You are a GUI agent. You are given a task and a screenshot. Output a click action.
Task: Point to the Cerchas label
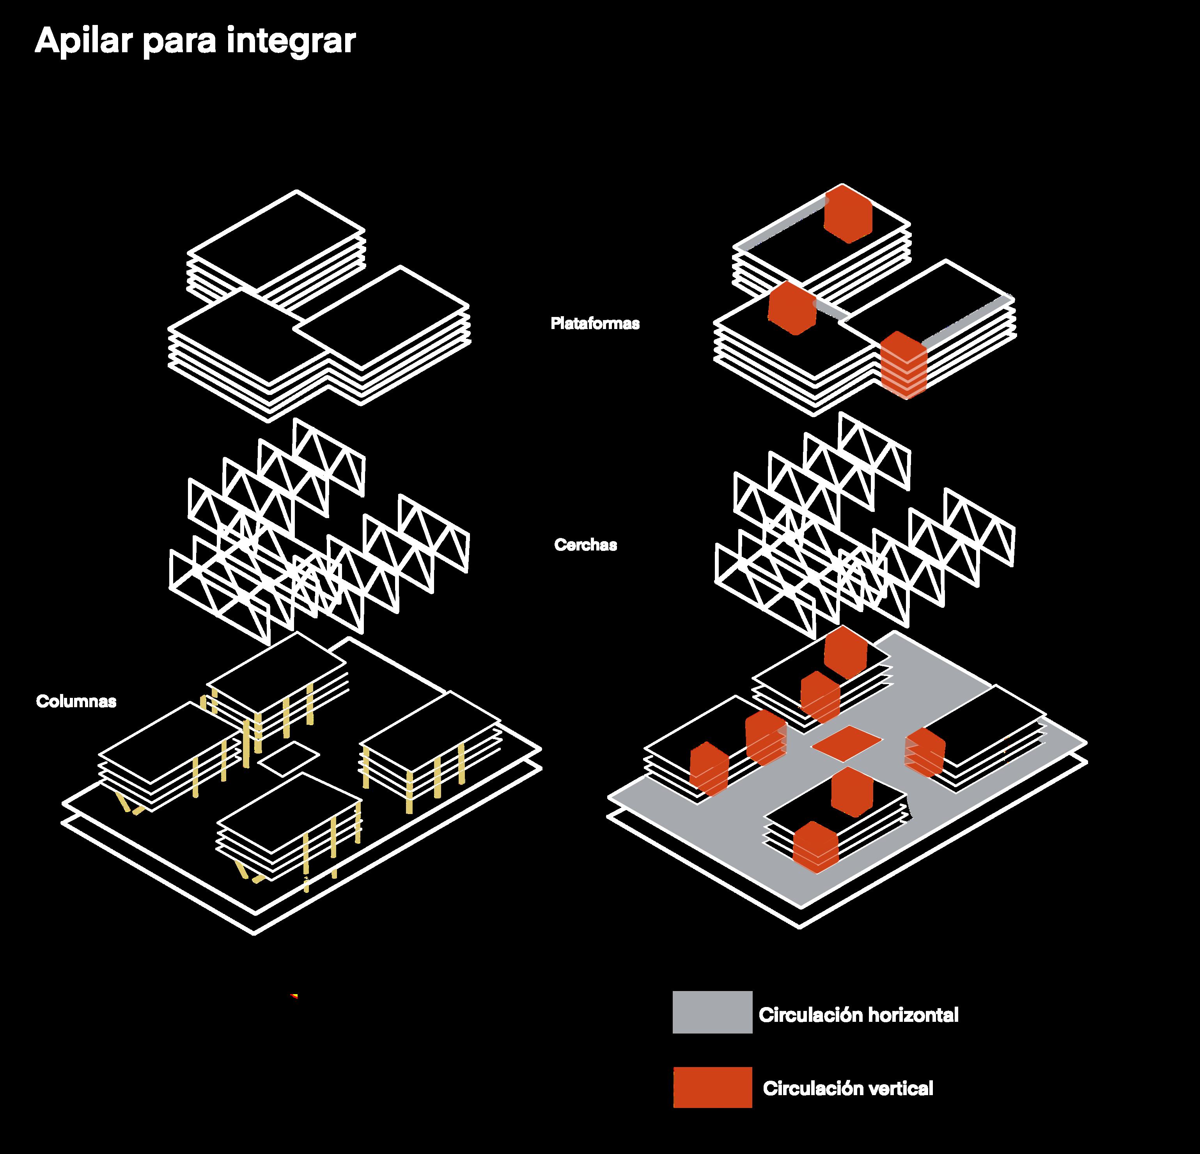pos(585,545)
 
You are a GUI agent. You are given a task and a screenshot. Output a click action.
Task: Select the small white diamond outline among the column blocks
pos(288,759)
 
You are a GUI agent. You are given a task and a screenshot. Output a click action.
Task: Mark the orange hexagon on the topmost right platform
pos(847,214)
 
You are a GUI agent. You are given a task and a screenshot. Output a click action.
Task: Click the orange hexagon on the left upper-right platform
pos(792,308)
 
